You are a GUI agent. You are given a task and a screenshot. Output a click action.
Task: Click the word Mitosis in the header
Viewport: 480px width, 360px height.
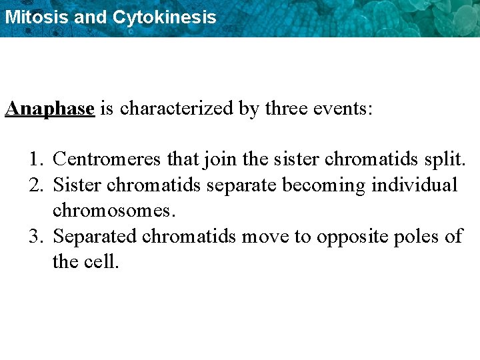coord(36,17)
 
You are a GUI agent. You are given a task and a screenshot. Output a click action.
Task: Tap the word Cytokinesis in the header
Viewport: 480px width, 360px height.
coord(164,17)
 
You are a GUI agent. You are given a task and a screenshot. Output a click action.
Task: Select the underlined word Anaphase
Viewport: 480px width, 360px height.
coord(50,109)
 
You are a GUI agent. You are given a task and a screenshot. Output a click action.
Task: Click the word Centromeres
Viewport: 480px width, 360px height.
coord(107,159)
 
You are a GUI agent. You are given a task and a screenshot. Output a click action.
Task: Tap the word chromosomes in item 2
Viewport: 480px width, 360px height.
coord(113,211)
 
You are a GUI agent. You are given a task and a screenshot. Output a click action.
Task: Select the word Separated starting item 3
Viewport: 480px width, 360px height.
coord(95,237)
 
